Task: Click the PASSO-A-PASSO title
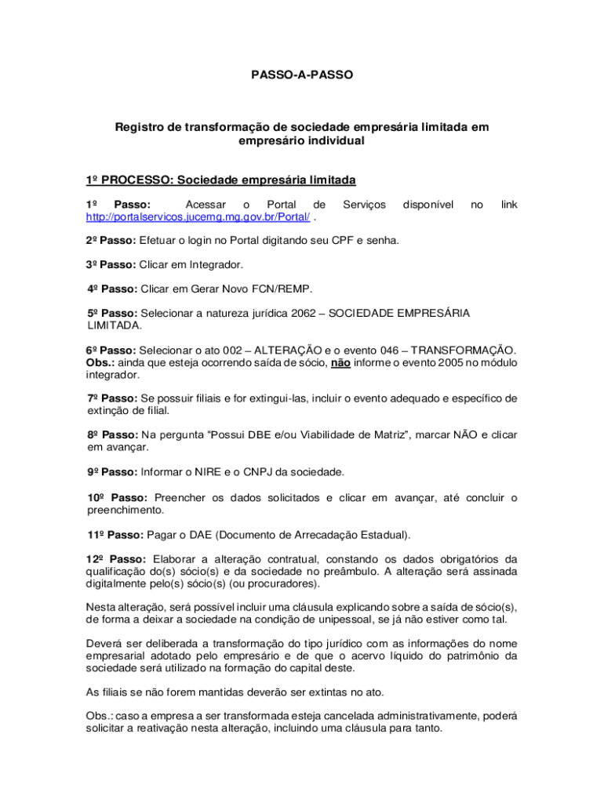302,75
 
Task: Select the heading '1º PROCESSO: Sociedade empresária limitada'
220,180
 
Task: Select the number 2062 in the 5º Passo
304,313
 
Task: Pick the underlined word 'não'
340,363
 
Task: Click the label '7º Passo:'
111,398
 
